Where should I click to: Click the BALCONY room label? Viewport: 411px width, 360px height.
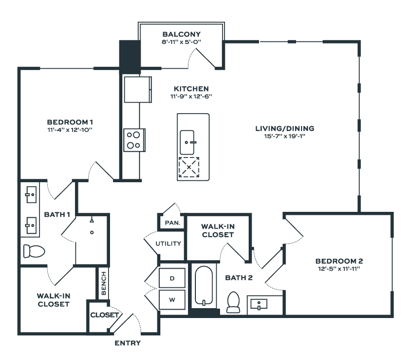coord(182,35)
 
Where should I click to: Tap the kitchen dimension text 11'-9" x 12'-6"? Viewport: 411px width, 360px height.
coord(191,96)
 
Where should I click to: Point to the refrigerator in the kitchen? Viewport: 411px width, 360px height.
coord(137,89)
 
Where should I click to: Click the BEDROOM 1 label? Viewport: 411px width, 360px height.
coord(70,122)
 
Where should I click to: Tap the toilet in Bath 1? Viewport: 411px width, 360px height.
coord(34,251)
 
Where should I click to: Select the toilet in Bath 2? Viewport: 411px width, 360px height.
coord(232,302)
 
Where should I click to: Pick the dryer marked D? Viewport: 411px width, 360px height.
coord(172,279)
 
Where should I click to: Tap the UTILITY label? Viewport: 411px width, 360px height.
coord(169,243)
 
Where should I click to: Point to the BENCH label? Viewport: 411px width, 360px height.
coord(104,283)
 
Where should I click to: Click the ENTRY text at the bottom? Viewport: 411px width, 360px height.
coord(127,343)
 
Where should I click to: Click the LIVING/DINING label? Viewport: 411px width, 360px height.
coord(284,128)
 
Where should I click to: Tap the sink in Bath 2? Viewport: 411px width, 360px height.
coord(260,303)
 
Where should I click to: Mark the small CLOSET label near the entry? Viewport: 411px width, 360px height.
coord(104,315)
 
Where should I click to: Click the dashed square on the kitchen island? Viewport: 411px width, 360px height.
coord(188,167)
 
